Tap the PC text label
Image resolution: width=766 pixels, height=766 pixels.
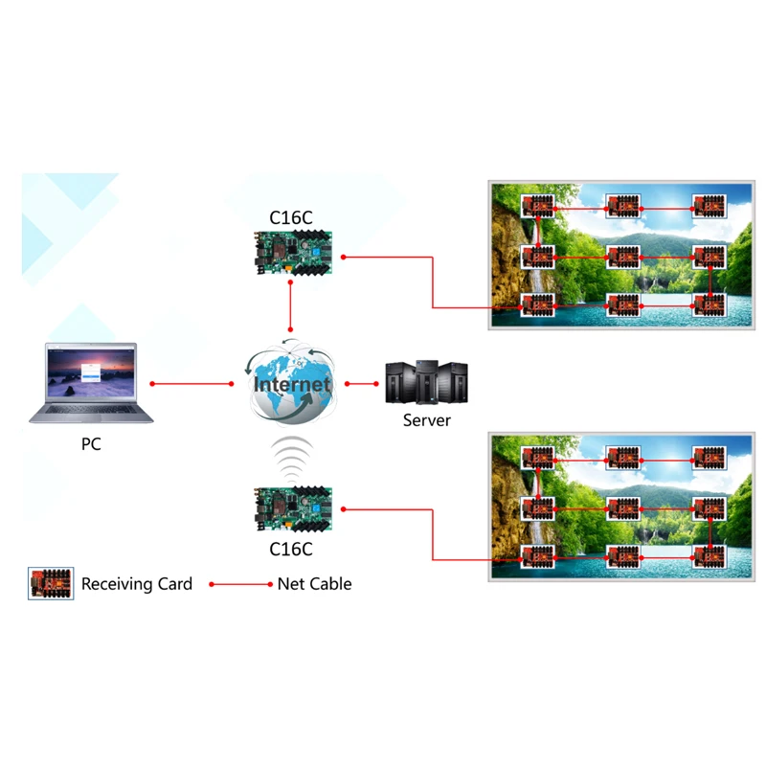pos(91,444)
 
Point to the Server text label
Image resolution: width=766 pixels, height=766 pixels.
pos(426,420)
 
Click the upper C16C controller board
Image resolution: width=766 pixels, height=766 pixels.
pos(289,255)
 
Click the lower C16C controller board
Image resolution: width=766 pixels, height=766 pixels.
pos(290,511)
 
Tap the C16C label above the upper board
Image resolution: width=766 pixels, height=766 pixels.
pos(290,218)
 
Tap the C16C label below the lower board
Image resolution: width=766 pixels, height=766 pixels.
pos(290,550)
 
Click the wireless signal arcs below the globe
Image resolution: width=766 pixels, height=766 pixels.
pos(290,458)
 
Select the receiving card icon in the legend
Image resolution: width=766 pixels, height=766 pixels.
pos(51,583)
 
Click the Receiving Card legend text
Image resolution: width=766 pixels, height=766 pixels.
pos(137,584)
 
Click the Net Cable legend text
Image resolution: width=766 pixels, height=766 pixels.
pos(314,584)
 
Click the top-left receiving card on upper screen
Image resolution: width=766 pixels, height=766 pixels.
pos(538,206)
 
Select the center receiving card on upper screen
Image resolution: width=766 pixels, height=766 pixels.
pos(623,257)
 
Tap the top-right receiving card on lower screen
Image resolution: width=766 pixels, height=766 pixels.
pos(710,456)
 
